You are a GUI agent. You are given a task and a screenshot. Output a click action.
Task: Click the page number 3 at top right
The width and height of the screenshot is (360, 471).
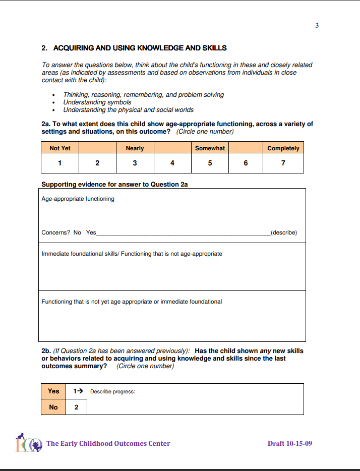pyautogui.click(x=317, y=26)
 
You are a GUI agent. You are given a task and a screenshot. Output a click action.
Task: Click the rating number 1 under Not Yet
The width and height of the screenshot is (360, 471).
pyautogui.click(x=59, y=163)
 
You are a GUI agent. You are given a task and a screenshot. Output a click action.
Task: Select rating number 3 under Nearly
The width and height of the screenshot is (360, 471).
pyautogui.click(x=135, y=163)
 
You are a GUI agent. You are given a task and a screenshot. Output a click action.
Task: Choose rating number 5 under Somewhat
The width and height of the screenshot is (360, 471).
pyautogui.click(x=210, y=163)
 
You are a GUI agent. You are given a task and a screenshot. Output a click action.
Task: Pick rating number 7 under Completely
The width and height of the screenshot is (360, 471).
pyautogui.click(x=283, y=163)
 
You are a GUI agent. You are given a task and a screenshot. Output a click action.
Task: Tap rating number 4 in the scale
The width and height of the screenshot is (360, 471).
pyautogui.click(x=172, y=163)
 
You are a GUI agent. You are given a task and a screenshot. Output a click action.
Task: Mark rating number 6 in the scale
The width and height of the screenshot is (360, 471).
pyautogui.click(x=246, y=163)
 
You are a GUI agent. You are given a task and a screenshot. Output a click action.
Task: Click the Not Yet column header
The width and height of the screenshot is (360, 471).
pyautogui.click(x=60, y=148)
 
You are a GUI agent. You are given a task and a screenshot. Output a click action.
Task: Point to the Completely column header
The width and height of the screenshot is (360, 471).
pyautogui.click(x=283, y=148)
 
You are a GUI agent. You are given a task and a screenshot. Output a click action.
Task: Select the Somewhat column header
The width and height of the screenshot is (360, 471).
pyautogui.click(x=210, y=148)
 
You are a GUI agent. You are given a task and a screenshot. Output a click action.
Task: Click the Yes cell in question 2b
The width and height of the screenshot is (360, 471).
pyautogui.click(x=53, y=391)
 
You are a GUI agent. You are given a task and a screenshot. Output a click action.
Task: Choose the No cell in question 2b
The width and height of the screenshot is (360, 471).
pyautogui.click(x=53, y=407)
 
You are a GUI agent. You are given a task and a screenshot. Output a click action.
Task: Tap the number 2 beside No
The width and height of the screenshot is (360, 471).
pyautogui.click(x=77, y=407)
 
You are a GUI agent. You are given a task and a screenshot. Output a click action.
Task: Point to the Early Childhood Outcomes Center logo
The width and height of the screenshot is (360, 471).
pyautogui.click(x=28, y=443)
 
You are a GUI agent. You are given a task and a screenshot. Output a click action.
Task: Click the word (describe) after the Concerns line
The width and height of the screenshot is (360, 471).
pyautogui.click(x=284, y=232)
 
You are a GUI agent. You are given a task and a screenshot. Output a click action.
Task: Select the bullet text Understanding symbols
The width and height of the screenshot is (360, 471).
pyautogui.click(x=97, y=102)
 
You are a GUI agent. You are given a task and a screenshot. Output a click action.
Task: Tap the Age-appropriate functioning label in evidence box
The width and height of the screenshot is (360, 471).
pyautogui.click(x=78, y=199)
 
